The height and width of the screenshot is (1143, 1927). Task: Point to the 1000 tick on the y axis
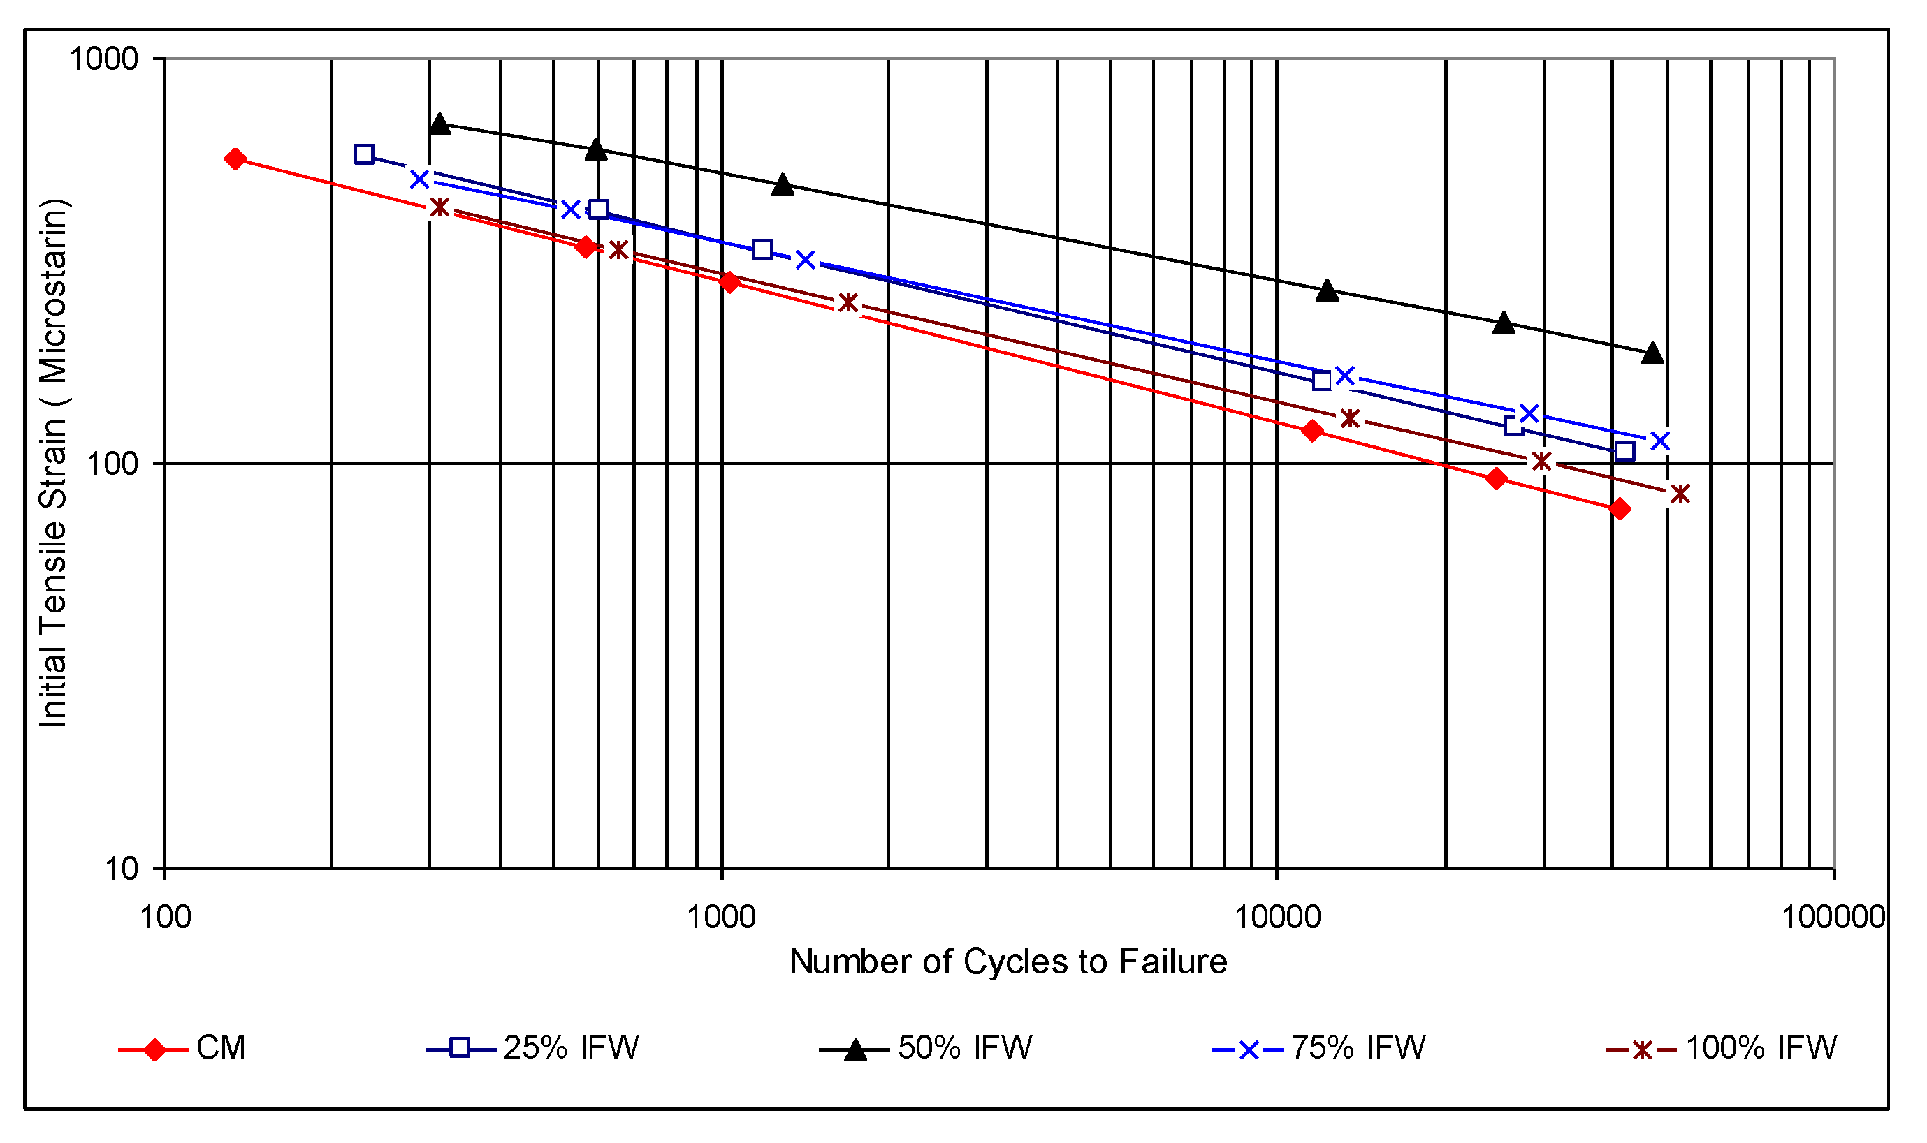103,59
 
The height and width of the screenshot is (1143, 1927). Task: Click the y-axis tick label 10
121,869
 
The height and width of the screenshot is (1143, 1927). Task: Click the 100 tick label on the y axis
112,464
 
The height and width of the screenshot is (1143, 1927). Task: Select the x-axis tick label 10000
1277,917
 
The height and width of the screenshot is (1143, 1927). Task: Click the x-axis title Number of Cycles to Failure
1008,962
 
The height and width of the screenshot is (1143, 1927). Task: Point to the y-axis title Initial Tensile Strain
53,463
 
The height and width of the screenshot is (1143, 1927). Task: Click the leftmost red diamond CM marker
235,159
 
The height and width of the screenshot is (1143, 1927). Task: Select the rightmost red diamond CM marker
1620,509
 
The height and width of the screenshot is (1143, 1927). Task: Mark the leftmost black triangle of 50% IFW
439,124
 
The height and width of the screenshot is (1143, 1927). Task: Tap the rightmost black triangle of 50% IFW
1652,353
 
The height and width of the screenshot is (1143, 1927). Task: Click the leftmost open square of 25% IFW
364,154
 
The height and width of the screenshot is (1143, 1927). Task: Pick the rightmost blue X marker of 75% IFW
1659,441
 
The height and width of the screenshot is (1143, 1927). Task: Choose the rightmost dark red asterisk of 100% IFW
1680,494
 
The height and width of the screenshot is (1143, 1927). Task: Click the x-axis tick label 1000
721,917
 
